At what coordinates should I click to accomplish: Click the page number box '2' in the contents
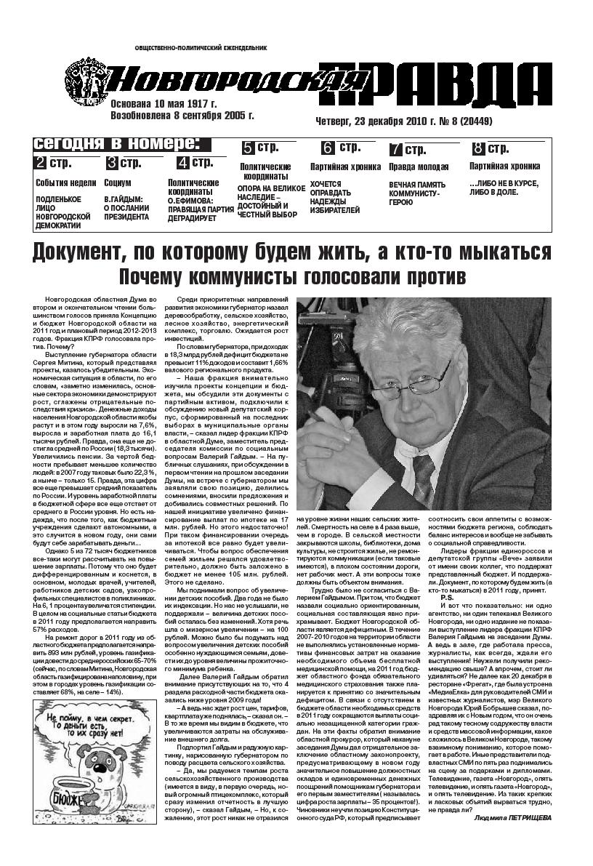[42, 162]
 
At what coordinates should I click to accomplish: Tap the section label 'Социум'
[118, 183]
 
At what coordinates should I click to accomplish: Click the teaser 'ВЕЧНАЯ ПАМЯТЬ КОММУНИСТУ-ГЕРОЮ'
[417, 194]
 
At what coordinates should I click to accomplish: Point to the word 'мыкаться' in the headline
[501, 252]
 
